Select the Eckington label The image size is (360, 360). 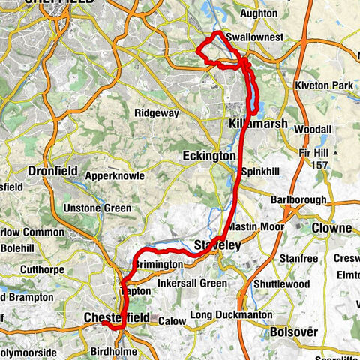(208, 156)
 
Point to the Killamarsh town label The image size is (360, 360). (254, 122)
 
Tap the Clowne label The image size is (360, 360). (332, 228)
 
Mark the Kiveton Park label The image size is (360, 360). (324, 85)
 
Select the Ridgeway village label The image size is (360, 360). (157, 113)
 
